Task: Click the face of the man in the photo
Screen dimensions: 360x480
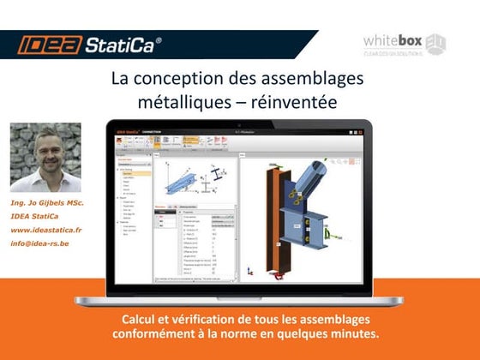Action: pyautogui.click(x=45, y=153)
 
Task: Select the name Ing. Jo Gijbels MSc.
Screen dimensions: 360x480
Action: pyautogui.click(x=47, y=203)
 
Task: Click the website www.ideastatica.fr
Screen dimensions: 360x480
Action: pyautogui.click(x=46, y=230)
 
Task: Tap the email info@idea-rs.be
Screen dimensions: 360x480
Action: pyautogui.click(x=41, y=243)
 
